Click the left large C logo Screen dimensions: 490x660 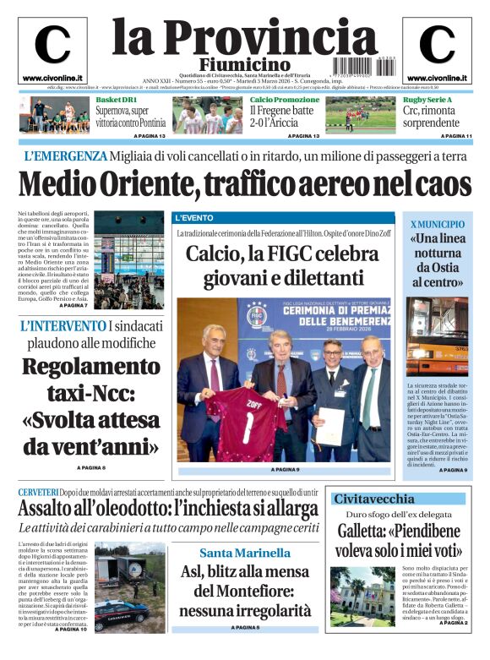[52, 45]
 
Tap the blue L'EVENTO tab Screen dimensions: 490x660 [193, 218]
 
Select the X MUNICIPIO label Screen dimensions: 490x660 [437, 224]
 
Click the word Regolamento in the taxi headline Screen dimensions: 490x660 [90, 367]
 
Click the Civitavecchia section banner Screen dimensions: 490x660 [373, 499]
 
